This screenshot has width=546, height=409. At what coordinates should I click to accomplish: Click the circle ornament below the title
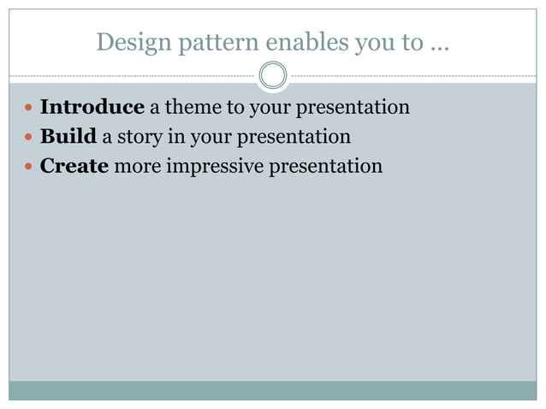click(x=273, y=75)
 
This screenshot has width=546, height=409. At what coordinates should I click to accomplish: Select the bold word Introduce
click(x=92, y=108)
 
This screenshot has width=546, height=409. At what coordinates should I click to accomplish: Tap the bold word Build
click(x=68, y=137)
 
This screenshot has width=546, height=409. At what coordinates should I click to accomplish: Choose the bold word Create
click(x=74, y=166)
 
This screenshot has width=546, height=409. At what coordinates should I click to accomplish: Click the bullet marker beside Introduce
click(x=29, y=109)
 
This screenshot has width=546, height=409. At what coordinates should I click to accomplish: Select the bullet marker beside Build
click(x=29, y=138)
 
